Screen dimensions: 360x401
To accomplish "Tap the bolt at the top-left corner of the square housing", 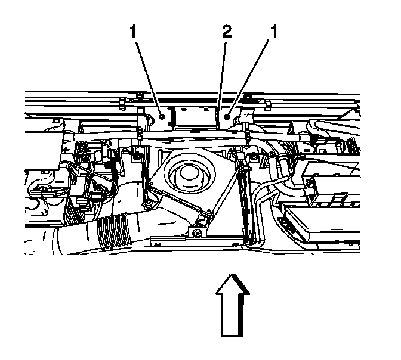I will [138, 157].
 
